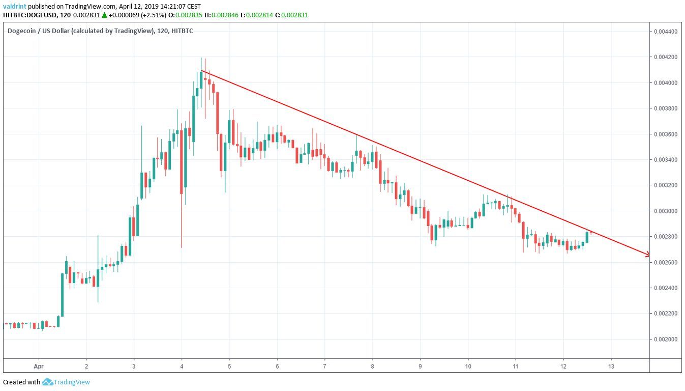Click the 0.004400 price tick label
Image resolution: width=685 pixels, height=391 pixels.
point(667,32)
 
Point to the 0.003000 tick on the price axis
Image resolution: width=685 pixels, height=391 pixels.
point(667,211)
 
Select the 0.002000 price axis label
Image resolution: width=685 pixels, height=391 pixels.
point(667,339)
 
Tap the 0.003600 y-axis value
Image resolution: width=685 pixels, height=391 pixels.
point(667,134)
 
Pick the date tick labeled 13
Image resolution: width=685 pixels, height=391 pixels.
point(611,366)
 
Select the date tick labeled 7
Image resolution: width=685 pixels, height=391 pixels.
point(324,366)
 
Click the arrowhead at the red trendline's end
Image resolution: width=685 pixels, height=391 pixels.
point(647,254)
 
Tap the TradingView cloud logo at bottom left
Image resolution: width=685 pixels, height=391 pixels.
point(48,382)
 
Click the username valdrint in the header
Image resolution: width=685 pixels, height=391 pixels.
point(14,6)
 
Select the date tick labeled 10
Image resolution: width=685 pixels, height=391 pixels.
point(468,366)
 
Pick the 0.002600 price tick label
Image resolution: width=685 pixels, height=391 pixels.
point(667,262)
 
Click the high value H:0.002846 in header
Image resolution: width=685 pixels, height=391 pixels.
point(227,15)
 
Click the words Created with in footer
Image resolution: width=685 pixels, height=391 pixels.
point(21,382)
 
